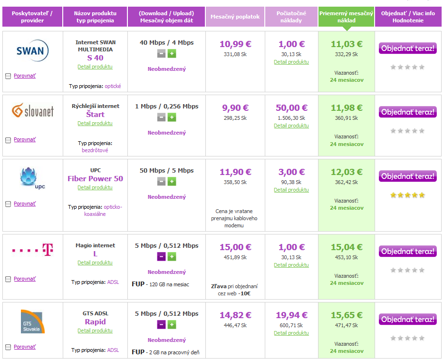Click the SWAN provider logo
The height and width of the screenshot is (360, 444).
pyautogui.click(x=32, y=51)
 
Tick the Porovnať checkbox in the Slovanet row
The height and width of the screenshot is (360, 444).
pyautogui.click(x=8, y=140)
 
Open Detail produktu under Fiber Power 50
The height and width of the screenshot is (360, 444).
pyautogui.click(x=95, y=187)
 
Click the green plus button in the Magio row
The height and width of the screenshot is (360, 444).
pyautogui.click(x=172, y=257)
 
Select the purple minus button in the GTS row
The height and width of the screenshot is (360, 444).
pyautogui.click(x=162, y=325)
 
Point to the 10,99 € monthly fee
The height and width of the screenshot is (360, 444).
pyautogui.click(x=235, y=44)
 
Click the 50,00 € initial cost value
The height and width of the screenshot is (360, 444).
pyautogui.click(x=291, y=108)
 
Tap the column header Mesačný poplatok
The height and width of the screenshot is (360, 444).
pyautogui.click(x=235, y=17)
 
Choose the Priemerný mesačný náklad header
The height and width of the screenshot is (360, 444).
pyautogui.click(x=346, y=17)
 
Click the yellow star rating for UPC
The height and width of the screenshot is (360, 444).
pyautogui.click(x=407, y=195)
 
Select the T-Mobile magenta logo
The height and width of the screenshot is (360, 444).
pyautogui.click(x=33, y=250)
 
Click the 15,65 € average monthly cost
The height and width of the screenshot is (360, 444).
pyautogui.click(x=347, y=315)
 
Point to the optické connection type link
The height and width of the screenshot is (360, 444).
pyautogui.click(x=113, y=86)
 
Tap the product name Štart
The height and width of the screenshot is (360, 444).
pyautogui.click(x=95, y=115)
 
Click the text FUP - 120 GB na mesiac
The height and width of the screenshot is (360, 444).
pyautogui.click(x=160, y=284)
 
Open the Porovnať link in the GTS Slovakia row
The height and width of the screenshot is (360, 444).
pyautogui.click(x=25, y=347)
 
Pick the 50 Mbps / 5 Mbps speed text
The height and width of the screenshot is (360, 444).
pyautogui.click(x=166, y=171)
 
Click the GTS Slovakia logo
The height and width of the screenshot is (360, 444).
pyautogui.click(x=33, y=321)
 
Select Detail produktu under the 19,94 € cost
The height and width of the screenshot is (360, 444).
pyautogui.click(x=291, y=333)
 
